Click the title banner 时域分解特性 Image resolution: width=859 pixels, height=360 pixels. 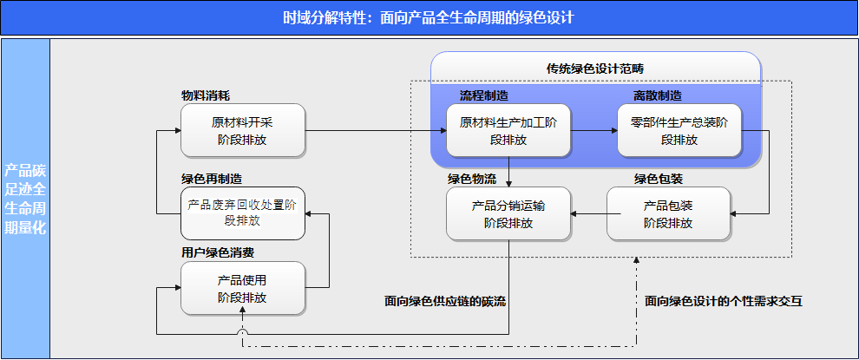tap(429, 18)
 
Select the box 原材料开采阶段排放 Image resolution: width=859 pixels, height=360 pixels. tap(243, 130)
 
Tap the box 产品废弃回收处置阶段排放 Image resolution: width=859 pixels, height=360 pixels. tap(243, 213)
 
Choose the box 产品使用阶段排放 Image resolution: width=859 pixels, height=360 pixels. tap(243, 288)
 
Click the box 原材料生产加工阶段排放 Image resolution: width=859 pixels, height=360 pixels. tap(508, 130)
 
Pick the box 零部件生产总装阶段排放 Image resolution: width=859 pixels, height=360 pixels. tap(679, 130)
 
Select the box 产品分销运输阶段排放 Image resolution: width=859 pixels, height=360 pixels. tap(508, 213)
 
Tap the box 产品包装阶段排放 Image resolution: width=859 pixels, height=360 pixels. tap(668, 213)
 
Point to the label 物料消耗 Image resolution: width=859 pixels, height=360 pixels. tap(206, 96)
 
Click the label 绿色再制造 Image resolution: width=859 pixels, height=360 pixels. tap(212, 180)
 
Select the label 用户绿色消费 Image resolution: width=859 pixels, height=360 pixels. tap(218, 253)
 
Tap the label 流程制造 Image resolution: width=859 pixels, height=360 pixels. tap(484, 96)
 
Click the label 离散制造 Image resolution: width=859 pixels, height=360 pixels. tap(658, 96)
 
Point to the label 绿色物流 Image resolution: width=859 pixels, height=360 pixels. tap(472, 180)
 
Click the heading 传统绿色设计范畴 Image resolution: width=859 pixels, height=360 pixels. tap(595, 69)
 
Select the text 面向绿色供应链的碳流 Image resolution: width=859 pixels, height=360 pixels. tap(445, 301)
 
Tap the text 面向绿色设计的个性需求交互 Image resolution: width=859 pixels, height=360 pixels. tap(724, 301)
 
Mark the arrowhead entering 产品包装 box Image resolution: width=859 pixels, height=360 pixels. tap(734, 213)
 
